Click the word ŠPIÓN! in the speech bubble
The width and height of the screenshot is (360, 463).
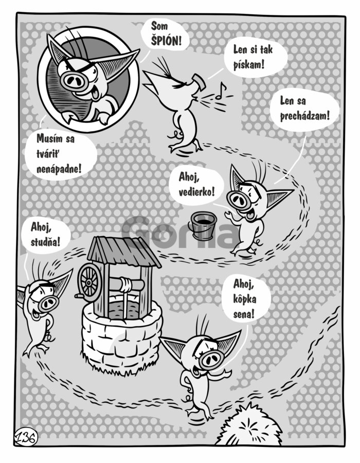[166, 41]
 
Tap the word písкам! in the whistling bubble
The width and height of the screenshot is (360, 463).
[248, 64]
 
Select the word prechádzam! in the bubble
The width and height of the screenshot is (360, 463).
[304, 116]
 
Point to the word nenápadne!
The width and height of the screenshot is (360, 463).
[59, 169]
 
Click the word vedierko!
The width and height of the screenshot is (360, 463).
[196, 192]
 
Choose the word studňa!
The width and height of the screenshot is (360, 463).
[45, 242]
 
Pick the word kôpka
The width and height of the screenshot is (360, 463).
[245, 298]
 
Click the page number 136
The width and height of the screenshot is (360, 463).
[26, 437]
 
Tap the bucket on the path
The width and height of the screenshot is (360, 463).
[204, 225]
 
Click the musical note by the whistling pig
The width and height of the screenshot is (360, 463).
[221, 91]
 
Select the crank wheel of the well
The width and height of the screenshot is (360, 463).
[88, 282]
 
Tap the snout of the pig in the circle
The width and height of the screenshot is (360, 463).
[74, 80]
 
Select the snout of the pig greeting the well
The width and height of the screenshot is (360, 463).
[48, 303]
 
